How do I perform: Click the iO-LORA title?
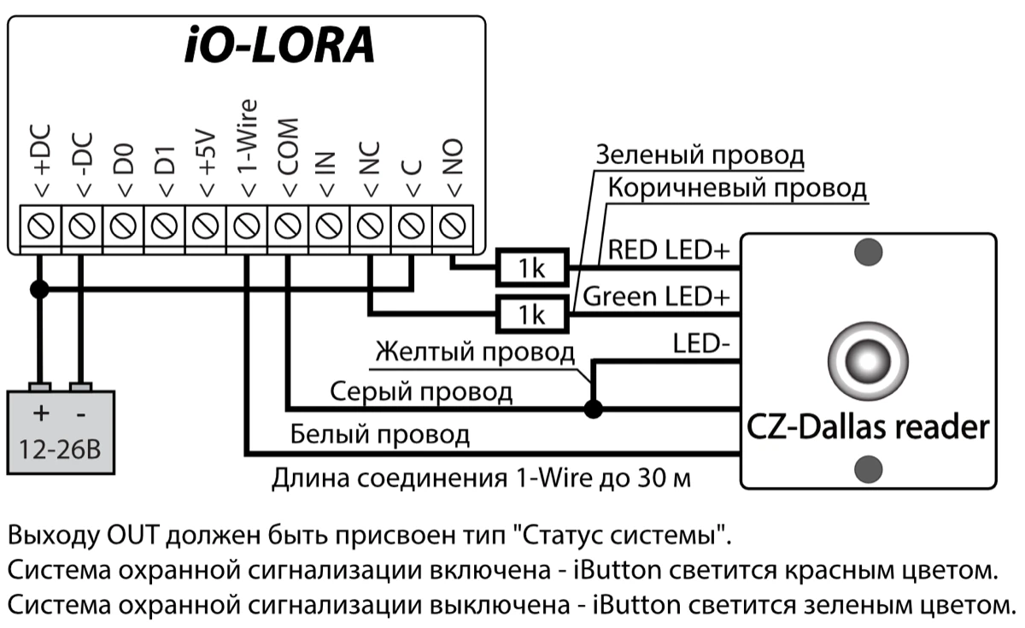pos(279,47)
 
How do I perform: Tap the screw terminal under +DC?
pos(39,227)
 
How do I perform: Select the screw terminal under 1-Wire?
pos(246,227)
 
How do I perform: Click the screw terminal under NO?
pos(453,227)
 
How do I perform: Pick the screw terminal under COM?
pos(288,227)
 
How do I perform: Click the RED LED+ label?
pos(668,251)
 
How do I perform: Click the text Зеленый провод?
pos(700,156)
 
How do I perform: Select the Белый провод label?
pos(380,433)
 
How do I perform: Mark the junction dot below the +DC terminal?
pos(39,290)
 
